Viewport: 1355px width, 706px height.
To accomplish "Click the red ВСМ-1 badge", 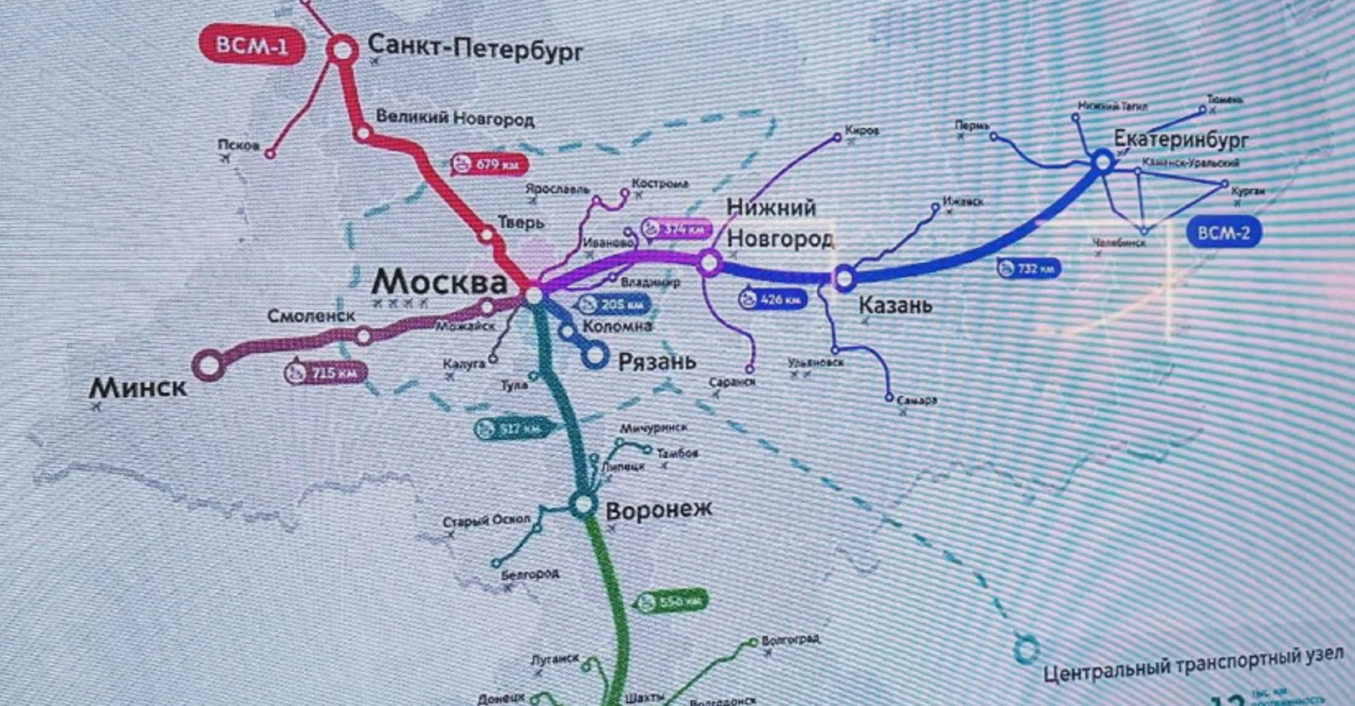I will click(252, 46).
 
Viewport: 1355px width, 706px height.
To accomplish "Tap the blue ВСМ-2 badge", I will click(1223, 232).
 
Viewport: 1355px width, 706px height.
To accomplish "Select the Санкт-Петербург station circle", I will click(342, 50).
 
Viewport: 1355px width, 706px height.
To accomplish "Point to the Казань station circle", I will click(844, 278).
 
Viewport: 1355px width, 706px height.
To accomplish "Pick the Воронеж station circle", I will click(583, 504).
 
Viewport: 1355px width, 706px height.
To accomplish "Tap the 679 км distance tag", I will click(489, 165).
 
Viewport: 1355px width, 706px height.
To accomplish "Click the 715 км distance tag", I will click(325, 372).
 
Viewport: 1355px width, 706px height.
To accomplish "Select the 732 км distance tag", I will click(1028, 268).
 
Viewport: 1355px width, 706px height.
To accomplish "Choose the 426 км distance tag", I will click(771, 299).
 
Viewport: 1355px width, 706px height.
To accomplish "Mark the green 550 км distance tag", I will click(671, 602).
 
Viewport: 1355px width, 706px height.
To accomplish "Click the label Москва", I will click(439, 282).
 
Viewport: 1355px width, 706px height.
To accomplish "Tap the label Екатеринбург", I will click(1181, 139).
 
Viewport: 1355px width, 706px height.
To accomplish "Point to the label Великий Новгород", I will click(454, 118).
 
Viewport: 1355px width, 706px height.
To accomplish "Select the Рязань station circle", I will click(595, 355).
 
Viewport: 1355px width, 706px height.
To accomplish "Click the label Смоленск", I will click(311, 316).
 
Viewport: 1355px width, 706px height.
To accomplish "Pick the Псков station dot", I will click(270, 153).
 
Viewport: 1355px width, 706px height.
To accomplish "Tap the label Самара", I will click(917, 400).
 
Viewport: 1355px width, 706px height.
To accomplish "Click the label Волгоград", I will click(790, 640).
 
